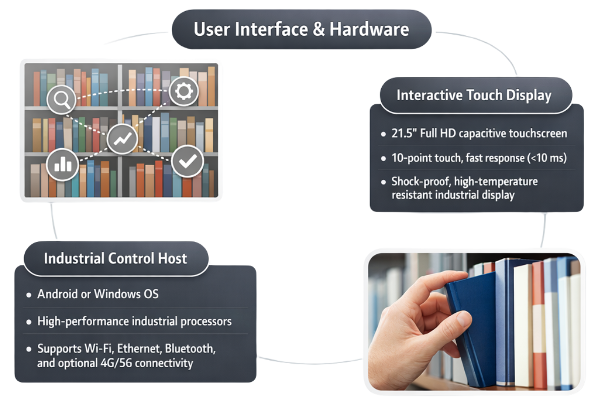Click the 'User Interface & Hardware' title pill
(x=301, y=29)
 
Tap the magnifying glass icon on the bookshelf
(x=62, y=99)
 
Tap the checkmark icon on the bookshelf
(x=187, y=161)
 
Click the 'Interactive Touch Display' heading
(x=474, y=95)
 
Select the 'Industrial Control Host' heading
(x=115, y=258)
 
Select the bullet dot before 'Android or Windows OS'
(x=29, y=294)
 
